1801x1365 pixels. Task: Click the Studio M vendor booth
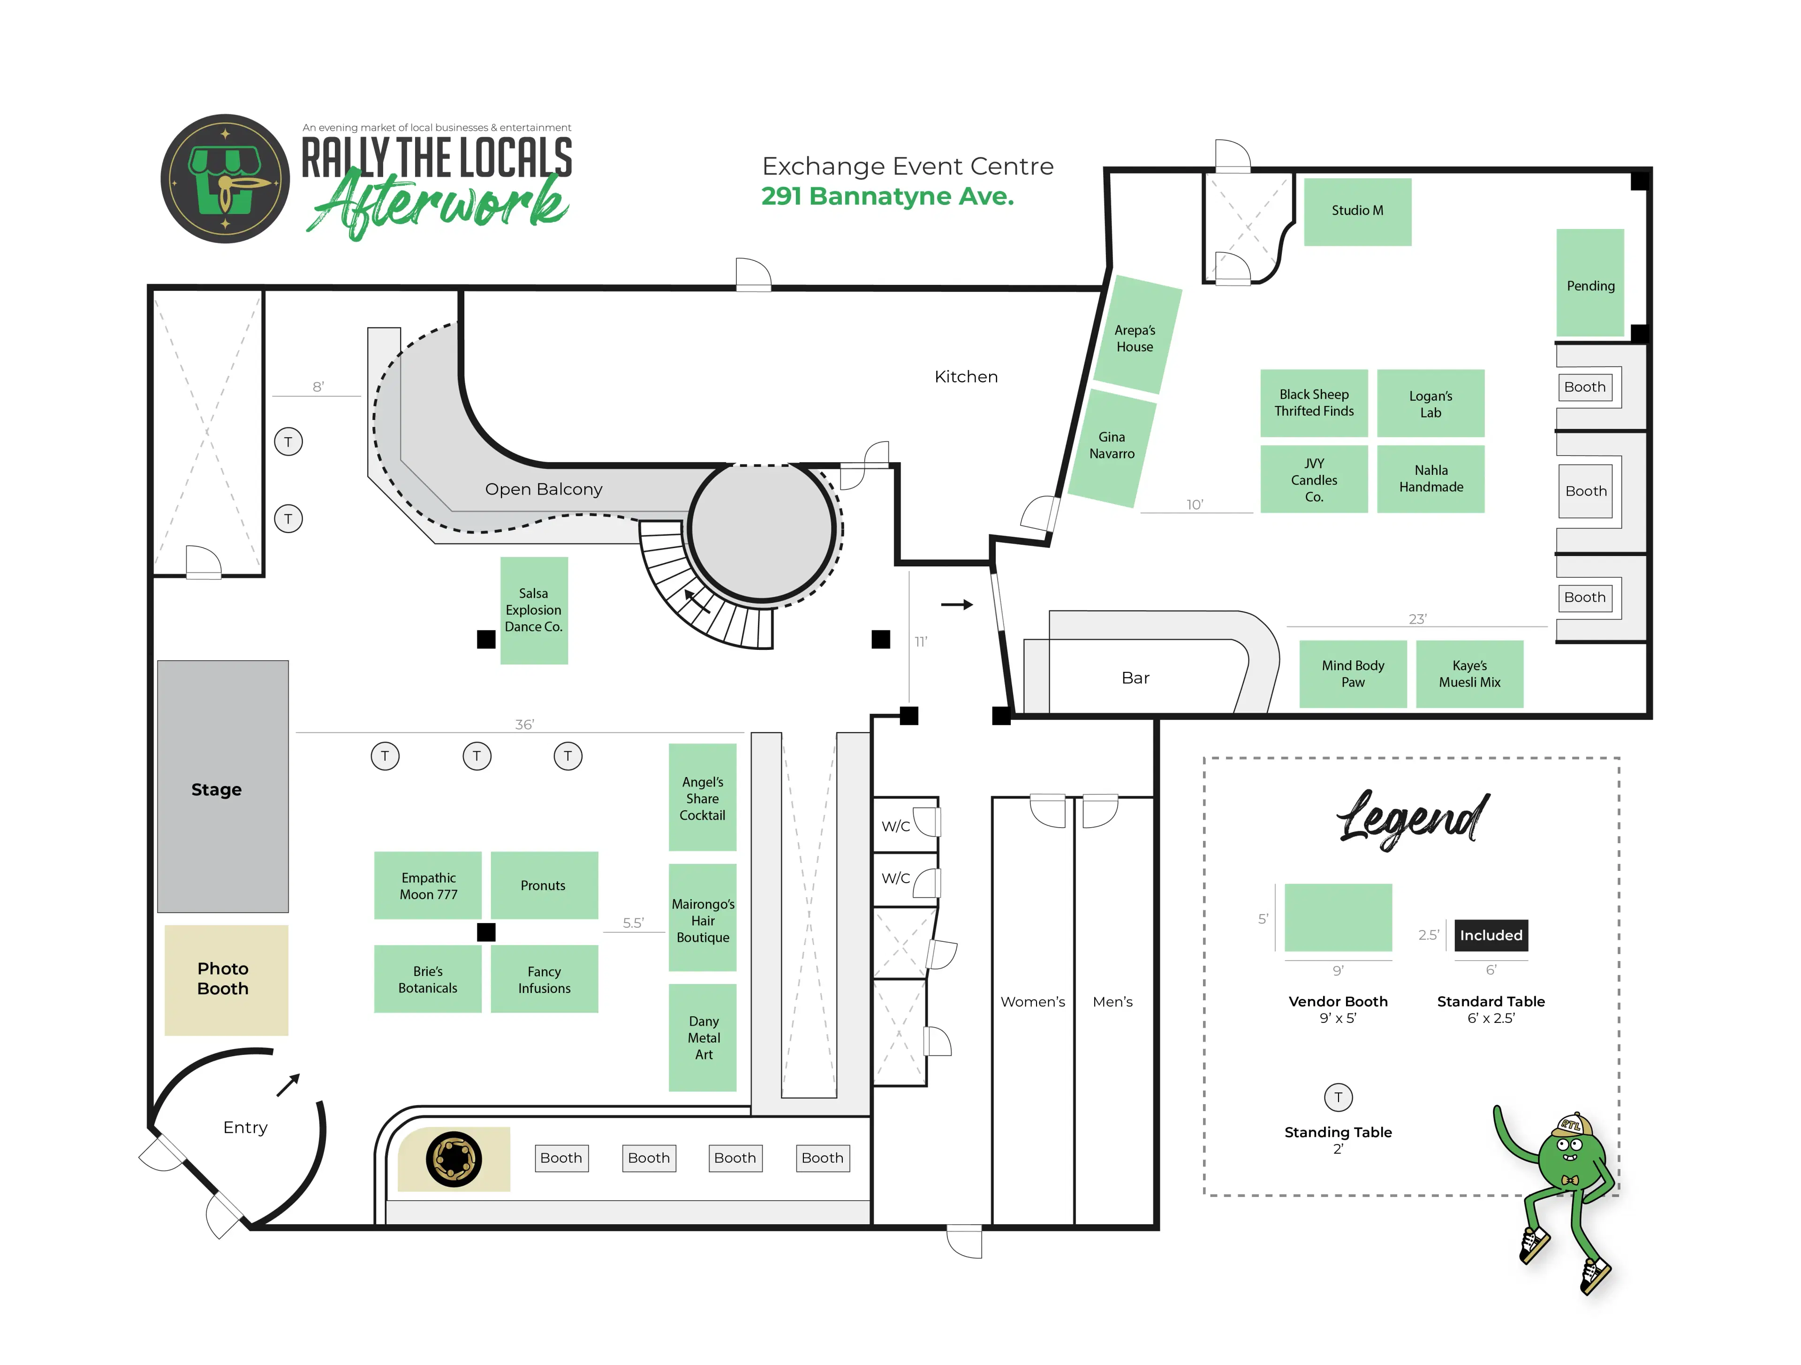pos(1357,211)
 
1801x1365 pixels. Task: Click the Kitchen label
pos(966,376)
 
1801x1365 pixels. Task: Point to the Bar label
pos(1135,678)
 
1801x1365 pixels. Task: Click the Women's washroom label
pos(1032,1002)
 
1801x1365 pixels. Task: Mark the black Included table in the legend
pos(1491,935)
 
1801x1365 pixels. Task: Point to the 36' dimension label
pos(524,724)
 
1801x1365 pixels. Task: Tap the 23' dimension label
pos(1417,619)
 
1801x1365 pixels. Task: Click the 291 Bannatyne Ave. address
pos(887,196)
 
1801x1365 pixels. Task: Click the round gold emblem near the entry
pos(454,1159)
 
